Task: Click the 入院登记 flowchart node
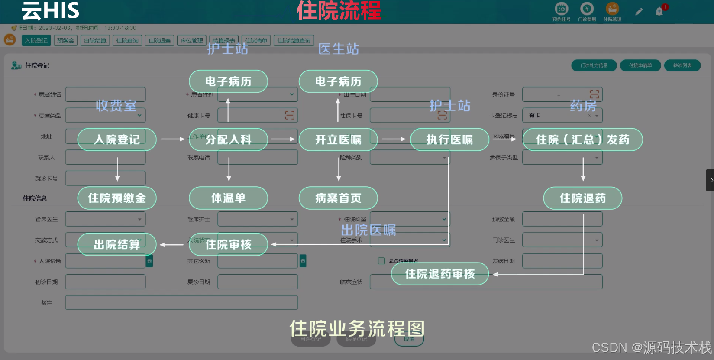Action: point(117,139)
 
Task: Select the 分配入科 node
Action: point(228,139)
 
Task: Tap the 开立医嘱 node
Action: point(338,139)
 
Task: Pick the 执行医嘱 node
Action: point(449,139)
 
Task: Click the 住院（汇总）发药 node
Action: point(582,139)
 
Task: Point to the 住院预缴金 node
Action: point(117,198)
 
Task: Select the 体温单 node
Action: point(228,198)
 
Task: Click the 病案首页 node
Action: point(338,198)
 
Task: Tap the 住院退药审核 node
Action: point(440,274)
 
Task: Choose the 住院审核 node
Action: point(228,244)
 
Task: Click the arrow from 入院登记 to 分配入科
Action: point(173,139)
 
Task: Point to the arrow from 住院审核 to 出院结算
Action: point(172,245)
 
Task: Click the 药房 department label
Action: point(583,106)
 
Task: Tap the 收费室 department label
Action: point(116,106)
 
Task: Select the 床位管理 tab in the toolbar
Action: point(192,41)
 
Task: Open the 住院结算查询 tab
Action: point(294,41)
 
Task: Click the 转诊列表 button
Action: point(682,65)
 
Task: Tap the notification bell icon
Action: point(659,12)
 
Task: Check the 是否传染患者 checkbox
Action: point(381,261)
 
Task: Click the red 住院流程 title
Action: point(339,11)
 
